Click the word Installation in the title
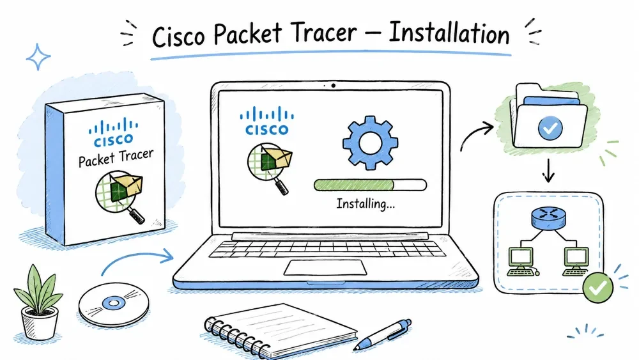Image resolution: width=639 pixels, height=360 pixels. pos(449,33)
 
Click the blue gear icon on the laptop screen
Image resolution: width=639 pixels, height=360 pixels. pos(370,143)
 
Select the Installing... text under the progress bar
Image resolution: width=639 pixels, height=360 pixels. pos(366,203)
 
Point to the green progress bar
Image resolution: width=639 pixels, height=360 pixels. pos(370,185)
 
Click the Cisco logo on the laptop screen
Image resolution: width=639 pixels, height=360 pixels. pos(267,121)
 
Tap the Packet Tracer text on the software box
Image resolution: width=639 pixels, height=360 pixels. pos(116,157)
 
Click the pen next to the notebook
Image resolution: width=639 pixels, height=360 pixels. pos(382,334)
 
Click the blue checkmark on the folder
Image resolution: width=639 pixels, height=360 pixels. pos(550,128)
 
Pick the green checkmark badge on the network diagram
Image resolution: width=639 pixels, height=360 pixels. pos(598,288)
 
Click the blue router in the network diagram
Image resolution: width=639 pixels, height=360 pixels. pos(548,217)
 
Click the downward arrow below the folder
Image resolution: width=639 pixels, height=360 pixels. pos(548,171)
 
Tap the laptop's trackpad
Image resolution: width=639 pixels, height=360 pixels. pos(325,267)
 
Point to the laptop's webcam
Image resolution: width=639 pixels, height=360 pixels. pos(334,86)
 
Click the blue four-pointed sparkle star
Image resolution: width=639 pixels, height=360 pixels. pos(38,57)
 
